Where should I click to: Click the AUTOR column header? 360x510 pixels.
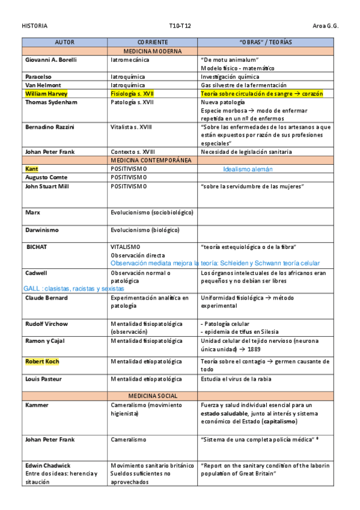64,43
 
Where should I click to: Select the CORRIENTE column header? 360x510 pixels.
152,43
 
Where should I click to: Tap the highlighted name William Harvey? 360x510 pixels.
46,94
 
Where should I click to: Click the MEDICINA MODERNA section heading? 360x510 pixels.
152,52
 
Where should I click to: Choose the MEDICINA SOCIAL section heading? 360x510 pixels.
152,396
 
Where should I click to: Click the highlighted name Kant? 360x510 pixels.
31,169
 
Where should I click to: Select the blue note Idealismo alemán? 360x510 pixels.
248,170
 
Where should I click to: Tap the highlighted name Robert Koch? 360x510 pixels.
42,361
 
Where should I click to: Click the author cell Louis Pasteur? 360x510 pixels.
43,379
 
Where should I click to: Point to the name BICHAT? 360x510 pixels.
37,247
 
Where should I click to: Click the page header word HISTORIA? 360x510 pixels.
34,26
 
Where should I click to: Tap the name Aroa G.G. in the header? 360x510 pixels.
326,26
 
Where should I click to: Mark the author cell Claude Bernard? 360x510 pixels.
46,298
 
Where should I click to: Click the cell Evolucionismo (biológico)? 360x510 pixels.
145,230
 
